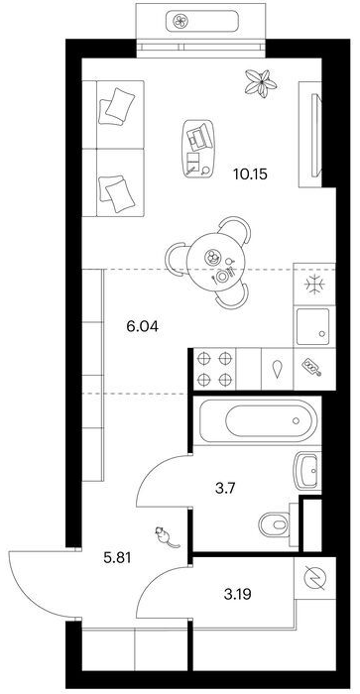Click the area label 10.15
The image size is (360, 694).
pyautogui.click(x=251, y=173)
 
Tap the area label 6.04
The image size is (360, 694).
pyautogui.click(x=142, y=327)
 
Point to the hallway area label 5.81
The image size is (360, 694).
pyautogui.click(x=117, y=558)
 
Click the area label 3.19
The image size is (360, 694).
pyautogui.click(x=237, y=595)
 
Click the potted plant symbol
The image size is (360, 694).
pyautogui.click(x=261, y=82)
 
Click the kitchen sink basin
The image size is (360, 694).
pyautogui.click(x=313, y=326)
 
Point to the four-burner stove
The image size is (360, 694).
pyautogui.click(x=214, y=369)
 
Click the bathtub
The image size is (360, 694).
pyautogui.click(x=258, y=420)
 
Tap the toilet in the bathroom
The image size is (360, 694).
pyautogui.click(x=276, y=524)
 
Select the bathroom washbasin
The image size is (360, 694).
pyautogui.click(x=307, y=471)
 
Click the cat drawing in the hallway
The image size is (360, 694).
pyautogui.click(x=166, y=537)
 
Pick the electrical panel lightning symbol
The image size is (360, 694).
pyautogui.click(x=315, y=578)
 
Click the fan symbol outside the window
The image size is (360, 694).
pyautogui.click(x=180, y=21)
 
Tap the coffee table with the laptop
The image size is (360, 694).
pyautogui.click(x=198, y=149)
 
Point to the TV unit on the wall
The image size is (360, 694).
pyautogui.click(x=316, y=135)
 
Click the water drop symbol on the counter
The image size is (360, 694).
pyautogui.click(x=278, y=369)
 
